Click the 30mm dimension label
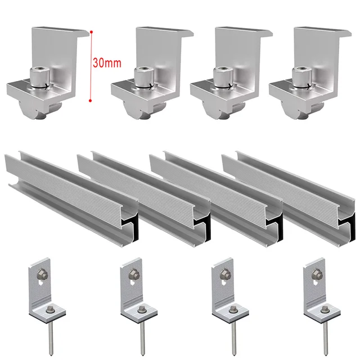(x=107, y=63)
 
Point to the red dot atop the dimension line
(x=90, y=32)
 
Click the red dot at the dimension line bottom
(x=90, y=101)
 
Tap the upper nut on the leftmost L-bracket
(x=42, y=274)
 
